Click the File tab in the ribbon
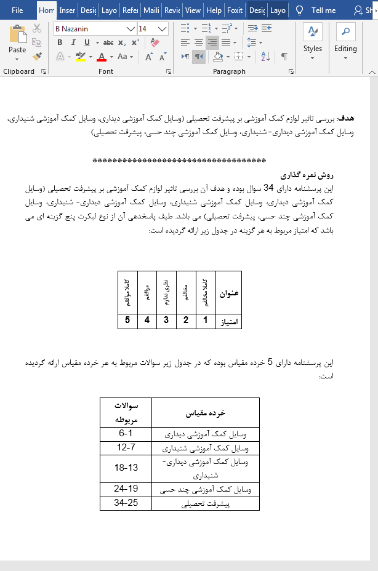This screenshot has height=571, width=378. coord(17,10)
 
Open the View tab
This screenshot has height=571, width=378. coord(193,10)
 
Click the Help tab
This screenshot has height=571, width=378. coord(214,10)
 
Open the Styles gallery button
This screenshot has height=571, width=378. coord(312,40)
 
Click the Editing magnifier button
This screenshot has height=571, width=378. coord(345,40)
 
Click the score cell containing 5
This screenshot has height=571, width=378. coord(127,321)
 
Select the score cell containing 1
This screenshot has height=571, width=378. coord(206,321)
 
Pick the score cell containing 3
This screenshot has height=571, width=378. coord(166,321)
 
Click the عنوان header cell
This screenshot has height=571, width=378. coord(228,293)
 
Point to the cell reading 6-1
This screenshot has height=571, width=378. coord(126,433)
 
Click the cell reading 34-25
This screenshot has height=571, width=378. coord(126,504)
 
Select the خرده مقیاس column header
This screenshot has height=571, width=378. coord(205,412)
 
